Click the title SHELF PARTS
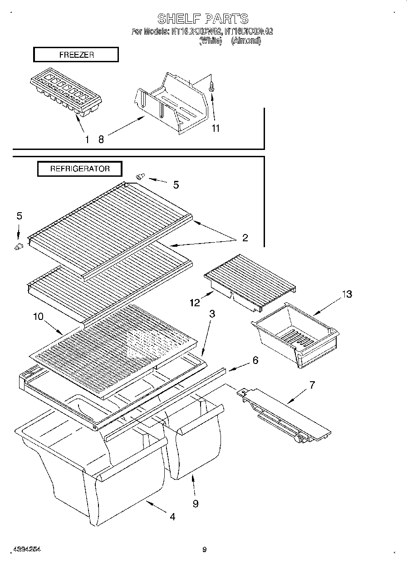coord(203,19)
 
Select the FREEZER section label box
coord(76,55)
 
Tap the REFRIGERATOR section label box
coord(79,169)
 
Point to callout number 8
coord(101,140)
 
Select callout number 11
coord(215,129)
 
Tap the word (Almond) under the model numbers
coord(246,40)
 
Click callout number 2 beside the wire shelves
coord(245,238)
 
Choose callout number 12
coord(195,303)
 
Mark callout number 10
coord(38,316)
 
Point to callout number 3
coord(212,314)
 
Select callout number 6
coord(255,360)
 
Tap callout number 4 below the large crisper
coord(172,516)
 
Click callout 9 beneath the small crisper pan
coord(195,503)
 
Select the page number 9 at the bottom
coord(204,549)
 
